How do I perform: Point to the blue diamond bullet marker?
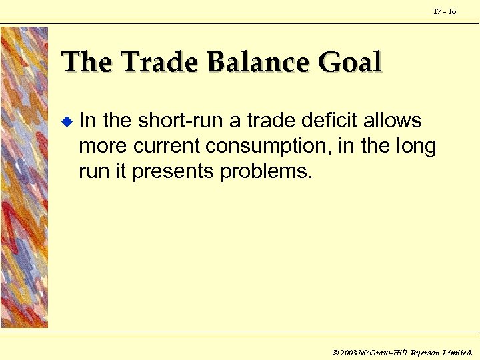(x=65, y=122)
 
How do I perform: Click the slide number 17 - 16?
(x=445, y=11)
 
